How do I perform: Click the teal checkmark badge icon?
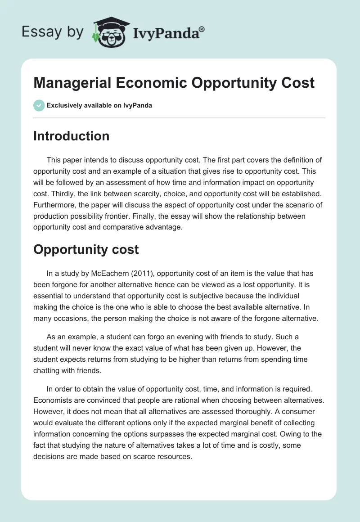click(x=39, y=105)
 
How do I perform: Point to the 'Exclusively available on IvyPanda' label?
click(x=99, y=105)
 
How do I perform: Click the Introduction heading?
click(x=71, y=136)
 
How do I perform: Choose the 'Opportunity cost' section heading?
click(x=86, y=249)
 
